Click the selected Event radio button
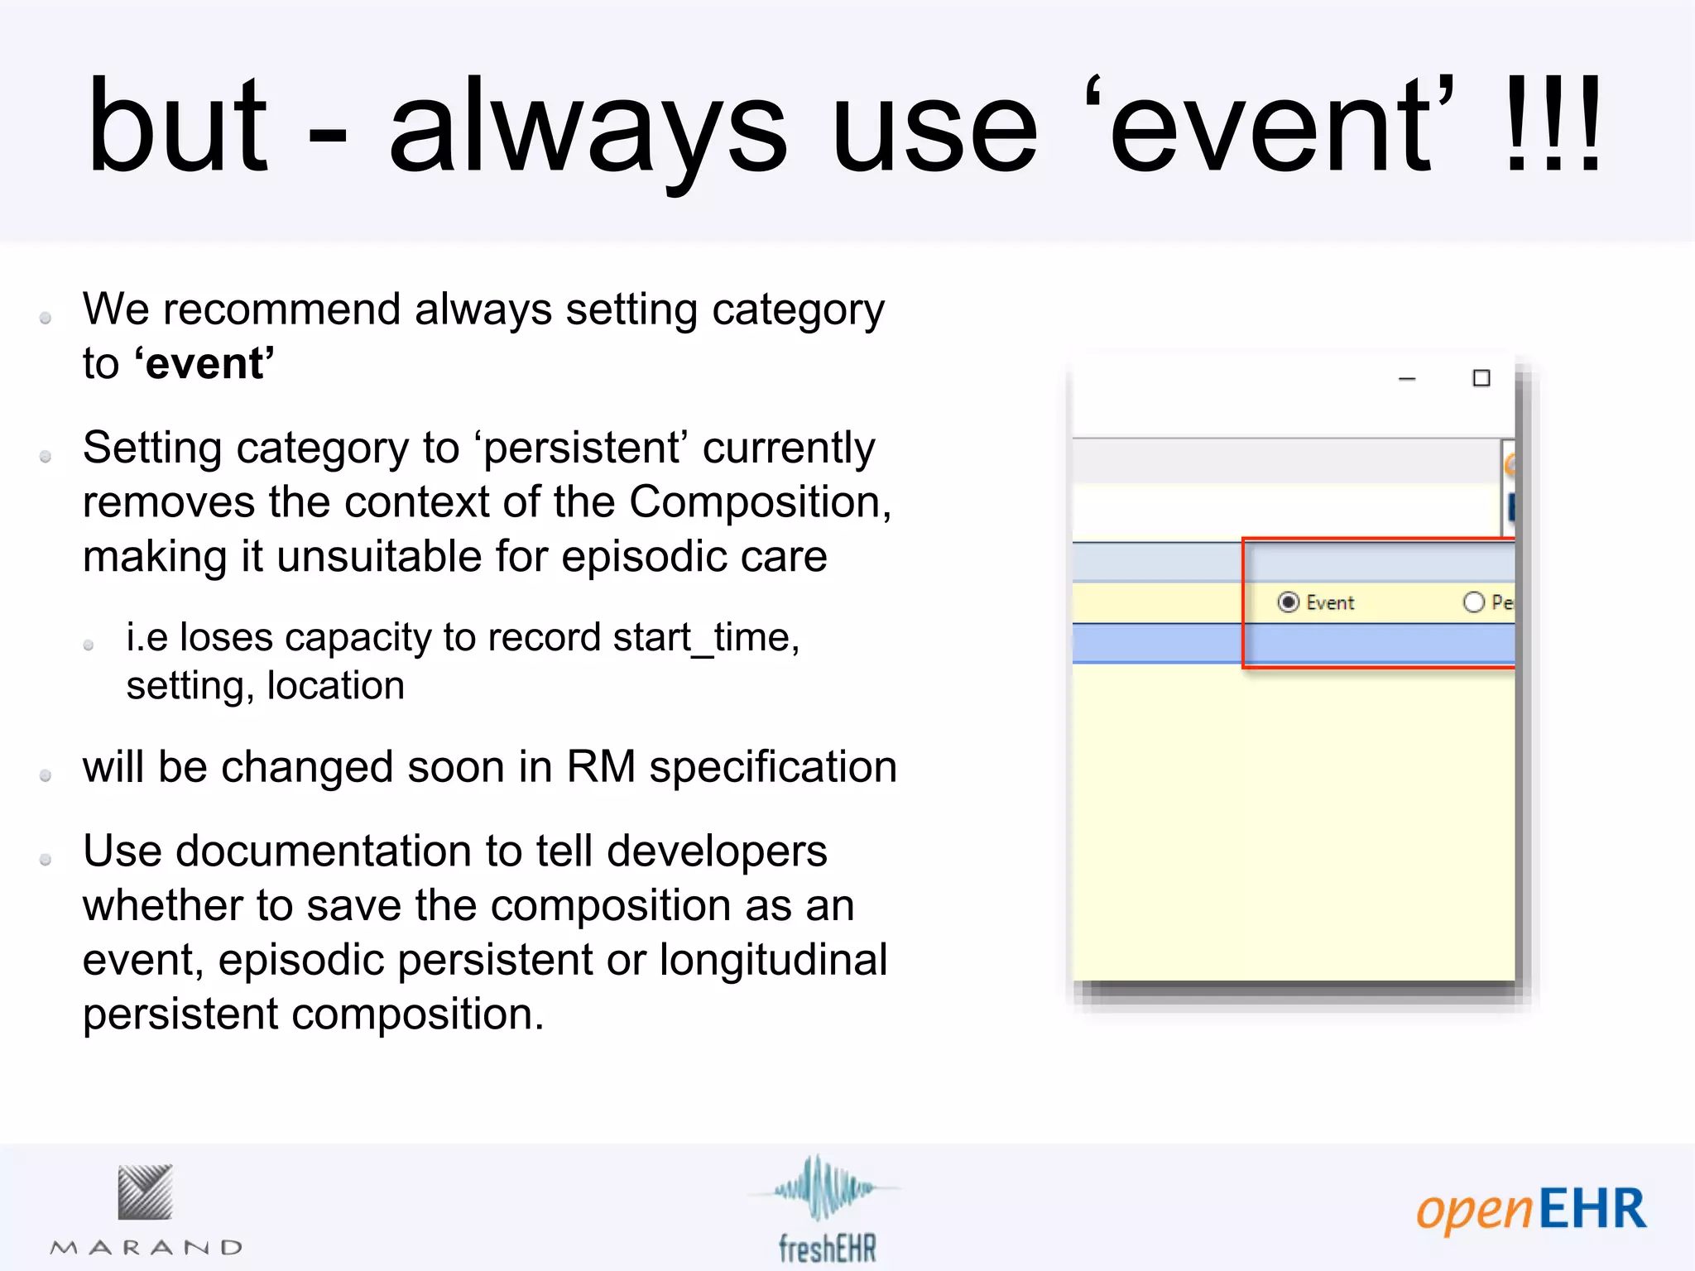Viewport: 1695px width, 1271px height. click(1288, 602)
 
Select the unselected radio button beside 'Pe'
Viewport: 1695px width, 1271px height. click(1473, 602)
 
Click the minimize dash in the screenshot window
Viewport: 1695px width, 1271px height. click(1407, 379)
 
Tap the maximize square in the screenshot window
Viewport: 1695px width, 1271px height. click(1481, 378)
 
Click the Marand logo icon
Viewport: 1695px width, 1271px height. click(145, 1192)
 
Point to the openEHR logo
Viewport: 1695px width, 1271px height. click(1530, 1210)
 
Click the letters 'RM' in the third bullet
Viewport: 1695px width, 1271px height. click(600, 767)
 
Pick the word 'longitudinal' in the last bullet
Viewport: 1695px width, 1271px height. click(773, 960)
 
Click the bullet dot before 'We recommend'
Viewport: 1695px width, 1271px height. click(46, 318)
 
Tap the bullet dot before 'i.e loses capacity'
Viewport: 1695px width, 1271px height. click(89, 645)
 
